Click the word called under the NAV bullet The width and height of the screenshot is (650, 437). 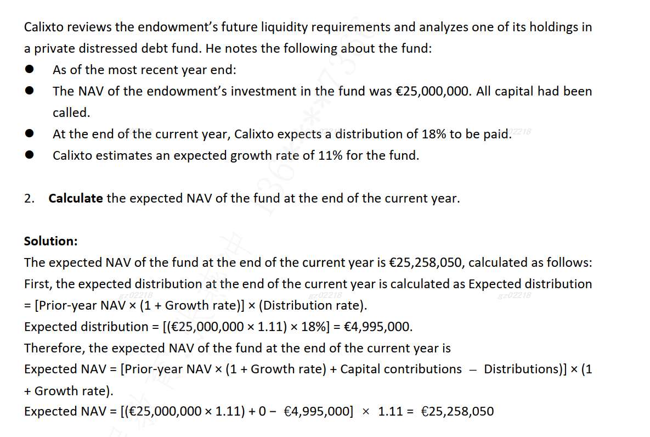pos(71,113)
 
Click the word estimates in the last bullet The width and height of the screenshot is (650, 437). pos(122,155)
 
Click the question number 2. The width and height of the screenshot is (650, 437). pos(29,198)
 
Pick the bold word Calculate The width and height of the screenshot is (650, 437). pos(76,198)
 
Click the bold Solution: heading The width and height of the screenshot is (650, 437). pos(51,241)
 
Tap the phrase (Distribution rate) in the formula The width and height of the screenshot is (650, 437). pos(316,305)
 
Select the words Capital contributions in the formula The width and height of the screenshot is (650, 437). pos(401,369)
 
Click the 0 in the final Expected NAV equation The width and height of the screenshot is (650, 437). pos(263,411)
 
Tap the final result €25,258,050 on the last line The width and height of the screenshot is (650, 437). pos(457,411)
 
